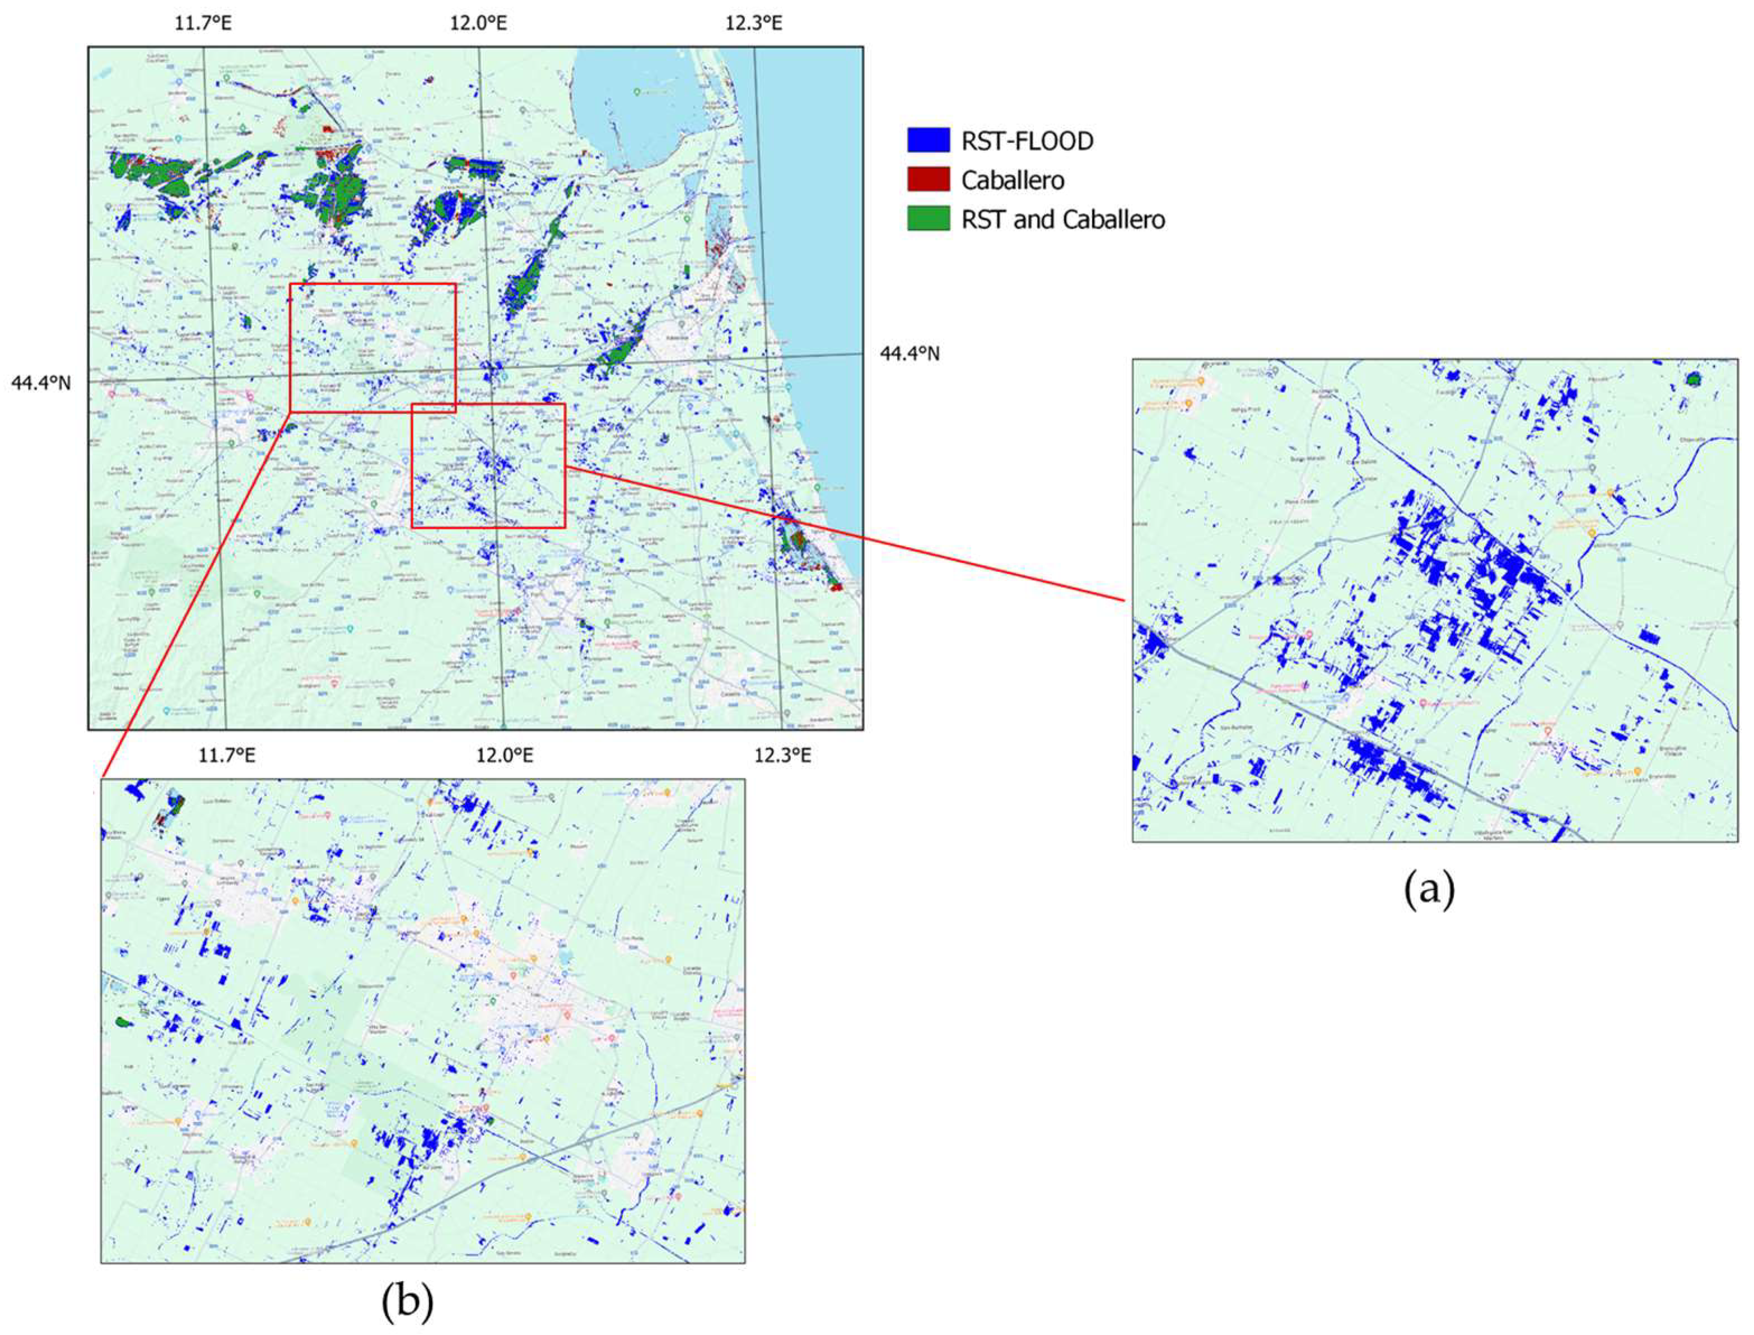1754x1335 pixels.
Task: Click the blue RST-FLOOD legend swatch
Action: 928,141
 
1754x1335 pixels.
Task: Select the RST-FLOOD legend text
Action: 1027,141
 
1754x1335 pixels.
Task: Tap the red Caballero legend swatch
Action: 928,180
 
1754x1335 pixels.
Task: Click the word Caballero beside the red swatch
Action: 1013,180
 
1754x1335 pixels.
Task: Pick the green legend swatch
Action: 928,218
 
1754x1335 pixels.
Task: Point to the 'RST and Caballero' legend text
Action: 1063,219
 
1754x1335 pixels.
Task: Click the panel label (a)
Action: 1429,891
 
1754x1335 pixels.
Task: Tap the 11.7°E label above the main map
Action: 203,22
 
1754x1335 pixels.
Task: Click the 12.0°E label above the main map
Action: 478,22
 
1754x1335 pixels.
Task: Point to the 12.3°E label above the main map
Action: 753,22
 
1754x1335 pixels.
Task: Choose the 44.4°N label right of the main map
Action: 909,353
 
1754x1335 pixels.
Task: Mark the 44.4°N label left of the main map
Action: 40,383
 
